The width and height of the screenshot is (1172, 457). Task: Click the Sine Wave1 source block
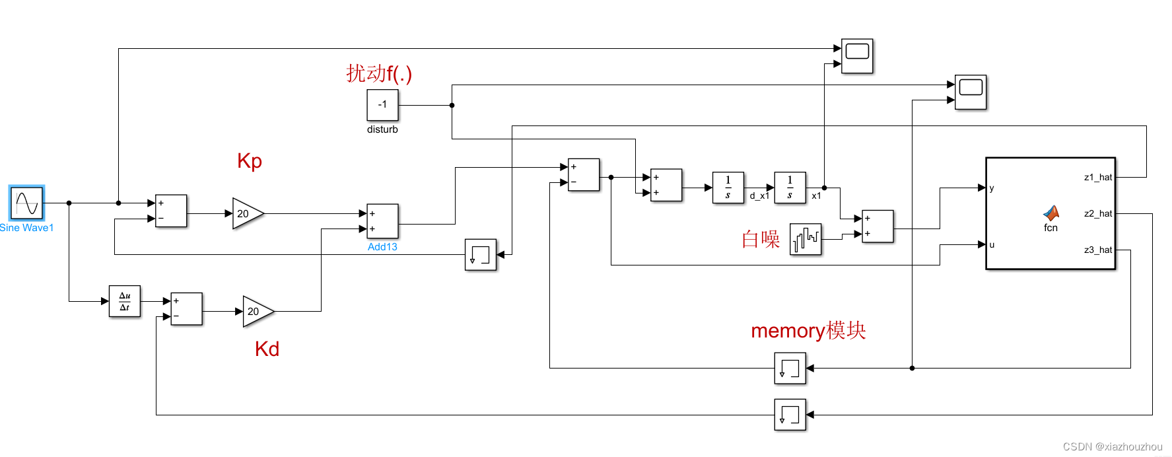(27, 203)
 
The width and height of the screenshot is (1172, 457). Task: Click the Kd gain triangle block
(257, 311)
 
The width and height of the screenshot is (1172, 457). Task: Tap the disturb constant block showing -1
(382, 105)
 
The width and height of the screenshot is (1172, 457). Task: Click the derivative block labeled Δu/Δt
(125, 301)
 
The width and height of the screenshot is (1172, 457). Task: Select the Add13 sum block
(382, 221)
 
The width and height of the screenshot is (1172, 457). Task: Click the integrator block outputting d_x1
(728, 188)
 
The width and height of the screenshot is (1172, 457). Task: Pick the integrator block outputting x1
(790, 188)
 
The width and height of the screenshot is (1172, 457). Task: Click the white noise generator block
(806, 239)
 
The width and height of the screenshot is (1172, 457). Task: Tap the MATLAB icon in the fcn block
(1051, 213)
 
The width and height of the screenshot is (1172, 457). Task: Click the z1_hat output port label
(1097, 177)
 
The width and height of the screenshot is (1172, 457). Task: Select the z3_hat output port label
(1097, 250)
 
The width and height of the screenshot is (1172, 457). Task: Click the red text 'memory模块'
(808, 330)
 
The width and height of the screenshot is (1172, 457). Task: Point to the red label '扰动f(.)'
(379, 73)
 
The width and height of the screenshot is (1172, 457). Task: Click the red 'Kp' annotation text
(250, 160)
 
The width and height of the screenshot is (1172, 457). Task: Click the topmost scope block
(857, 56)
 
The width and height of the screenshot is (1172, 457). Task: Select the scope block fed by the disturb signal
(971, 92)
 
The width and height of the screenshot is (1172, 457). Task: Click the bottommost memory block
(790, 415)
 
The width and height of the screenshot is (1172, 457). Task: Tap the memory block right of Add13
(481, 254)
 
